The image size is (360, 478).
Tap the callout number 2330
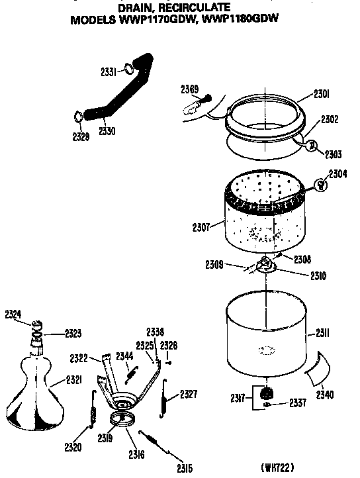click(107, 131)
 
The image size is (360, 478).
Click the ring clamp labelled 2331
click(130, 70)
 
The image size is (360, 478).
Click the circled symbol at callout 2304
click(320, 185)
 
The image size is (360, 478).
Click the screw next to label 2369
click(205, 99)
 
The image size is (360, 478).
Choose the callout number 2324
click(13, 314)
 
